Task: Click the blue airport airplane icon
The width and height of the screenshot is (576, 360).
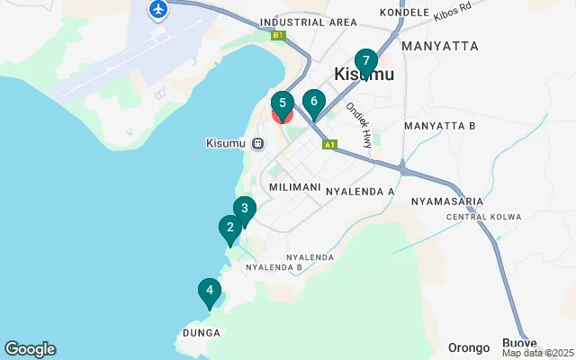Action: (158, 10)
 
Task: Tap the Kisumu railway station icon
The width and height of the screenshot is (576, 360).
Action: (257, 143)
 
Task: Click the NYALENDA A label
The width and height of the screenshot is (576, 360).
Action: (360, 192)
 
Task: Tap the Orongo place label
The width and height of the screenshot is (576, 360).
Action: (469, 347)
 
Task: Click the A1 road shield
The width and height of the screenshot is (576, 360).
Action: (330, 144)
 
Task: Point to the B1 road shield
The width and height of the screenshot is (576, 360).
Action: (278, 36)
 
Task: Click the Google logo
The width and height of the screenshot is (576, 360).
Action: (30, 349)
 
